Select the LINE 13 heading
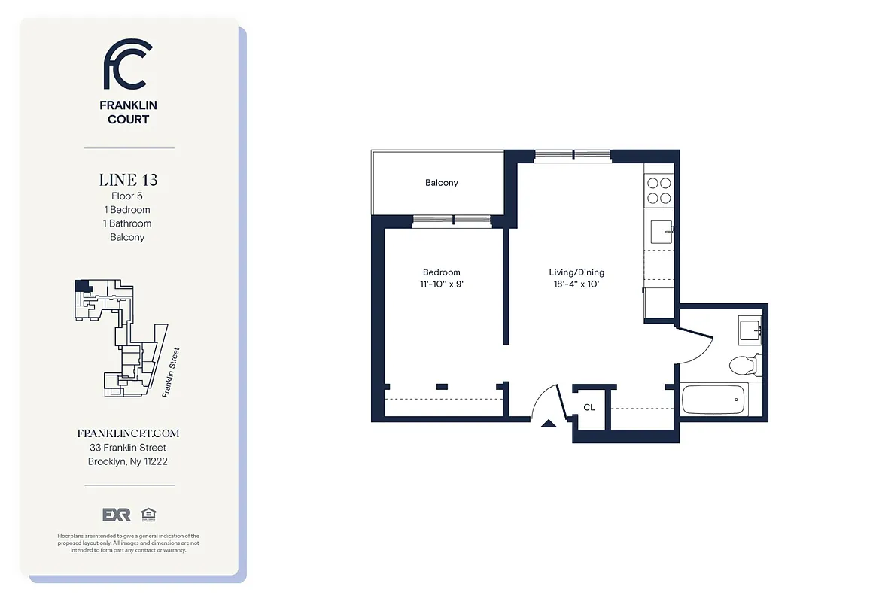tap(128, 180)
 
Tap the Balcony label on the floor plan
tap(441, 183)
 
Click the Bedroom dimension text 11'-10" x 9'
tap(441, 284)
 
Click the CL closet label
tap(589, 407)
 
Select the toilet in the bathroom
tap(744, 366)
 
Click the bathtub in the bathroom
tap(713, 399)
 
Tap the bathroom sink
tap(750, 329)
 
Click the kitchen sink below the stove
tap(661, 232)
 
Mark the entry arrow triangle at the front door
tap(549, 424)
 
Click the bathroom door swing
tap(696, 345)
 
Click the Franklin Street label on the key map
tap(171, 372)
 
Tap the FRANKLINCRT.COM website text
tap(128, 433)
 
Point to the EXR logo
tap(117, 515)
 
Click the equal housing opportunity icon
tap(148, 515)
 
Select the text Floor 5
tap(127, 196)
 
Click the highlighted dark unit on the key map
tap(81, 287)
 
